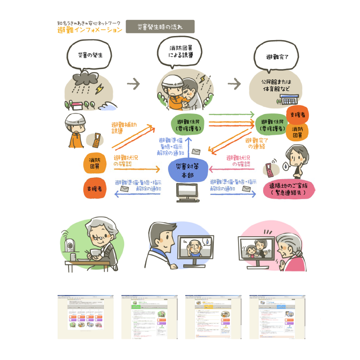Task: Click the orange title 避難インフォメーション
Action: pos(90,30)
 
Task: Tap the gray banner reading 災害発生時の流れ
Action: pos(160,27)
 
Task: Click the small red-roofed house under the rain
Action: pos(77,107)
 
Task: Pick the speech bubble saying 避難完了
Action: pos(277,57)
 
